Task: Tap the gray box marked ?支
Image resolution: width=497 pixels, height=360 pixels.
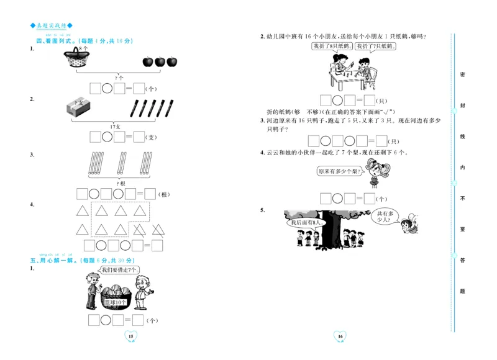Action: coord(78,109)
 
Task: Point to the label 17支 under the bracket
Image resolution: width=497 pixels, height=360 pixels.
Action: coord(115,126)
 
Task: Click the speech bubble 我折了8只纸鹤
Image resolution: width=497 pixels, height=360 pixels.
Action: coord(332,47)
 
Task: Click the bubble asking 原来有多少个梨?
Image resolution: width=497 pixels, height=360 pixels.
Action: coord(338,171)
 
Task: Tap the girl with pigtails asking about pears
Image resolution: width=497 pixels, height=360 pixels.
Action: coord(373,171)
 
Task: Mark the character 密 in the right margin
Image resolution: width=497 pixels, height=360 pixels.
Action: coord(462,74)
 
